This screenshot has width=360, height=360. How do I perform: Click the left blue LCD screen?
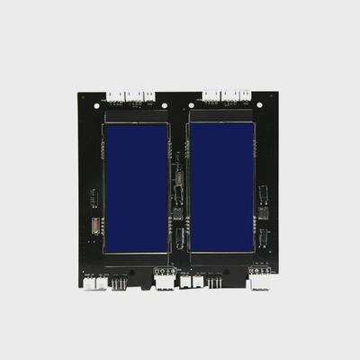click(x=136, y=188)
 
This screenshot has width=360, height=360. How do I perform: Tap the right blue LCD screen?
click(x=221, y=188)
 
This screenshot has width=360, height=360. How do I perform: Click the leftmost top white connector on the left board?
click(x=115, y=95)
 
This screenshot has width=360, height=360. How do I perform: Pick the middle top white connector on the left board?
click(x=132, y=95)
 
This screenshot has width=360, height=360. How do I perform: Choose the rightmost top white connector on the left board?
click(x=148, y=95)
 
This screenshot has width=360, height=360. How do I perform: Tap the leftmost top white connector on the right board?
click(x=211, y=95)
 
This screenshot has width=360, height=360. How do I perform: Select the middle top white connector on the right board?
click(x=228, y=95)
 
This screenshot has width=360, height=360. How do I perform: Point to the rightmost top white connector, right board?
click(x=244, y=95)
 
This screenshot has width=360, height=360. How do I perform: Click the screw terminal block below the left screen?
click(x=165, y=270)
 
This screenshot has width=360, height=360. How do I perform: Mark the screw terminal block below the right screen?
click(x=260, y=268)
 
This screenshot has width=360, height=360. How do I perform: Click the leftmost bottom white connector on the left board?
click(x=94, y=282)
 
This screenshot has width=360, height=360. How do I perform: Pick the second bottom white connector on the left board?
click(x=165, y=282)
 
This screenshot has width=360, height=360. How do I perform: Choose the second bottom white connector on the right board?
click(x=260, y=282)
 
